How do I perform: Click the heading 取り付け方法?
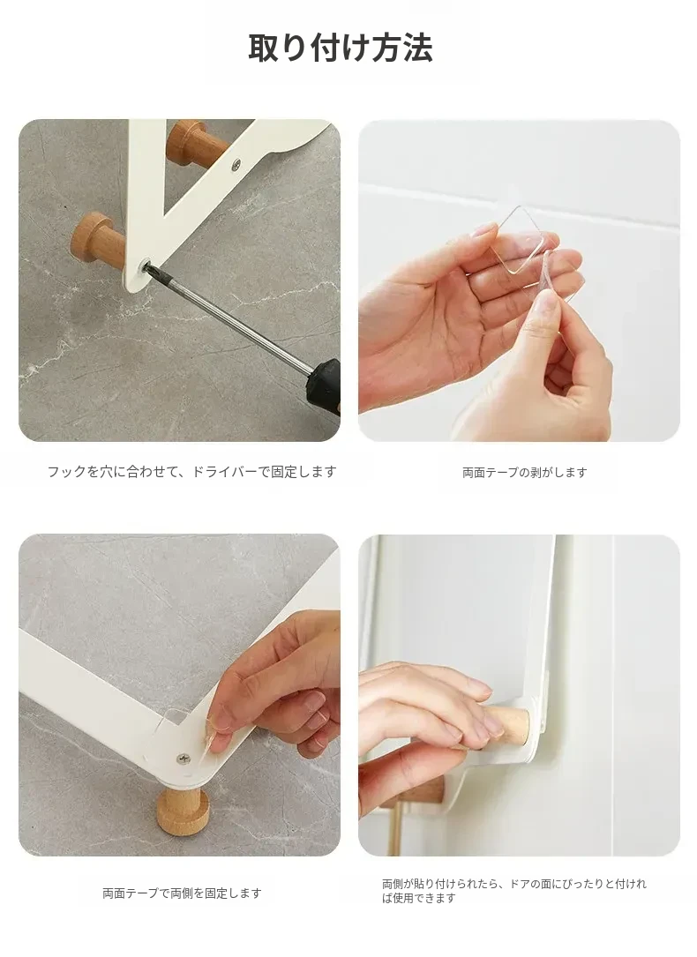tap(341, 49)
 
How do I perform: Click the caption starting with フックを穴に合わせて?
tap(192, 472)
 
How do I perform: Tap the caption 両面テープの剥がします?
tap(525, 473)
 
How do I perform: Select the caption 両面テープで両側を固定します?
tap(182, 893)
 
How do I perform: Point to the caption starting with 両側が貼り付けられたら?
tap(513, 891)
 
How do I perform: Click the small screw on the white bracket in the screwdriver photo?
tap(236, 163)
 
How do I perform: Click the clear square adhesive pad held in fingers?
tap(518, 241)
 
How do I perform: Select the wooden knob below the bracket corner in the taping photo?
tap(184, 811)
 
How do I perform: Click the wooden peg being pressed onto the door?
tap(510, 726)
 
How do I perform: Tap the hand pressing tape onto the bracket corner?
tap(278, 690)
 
